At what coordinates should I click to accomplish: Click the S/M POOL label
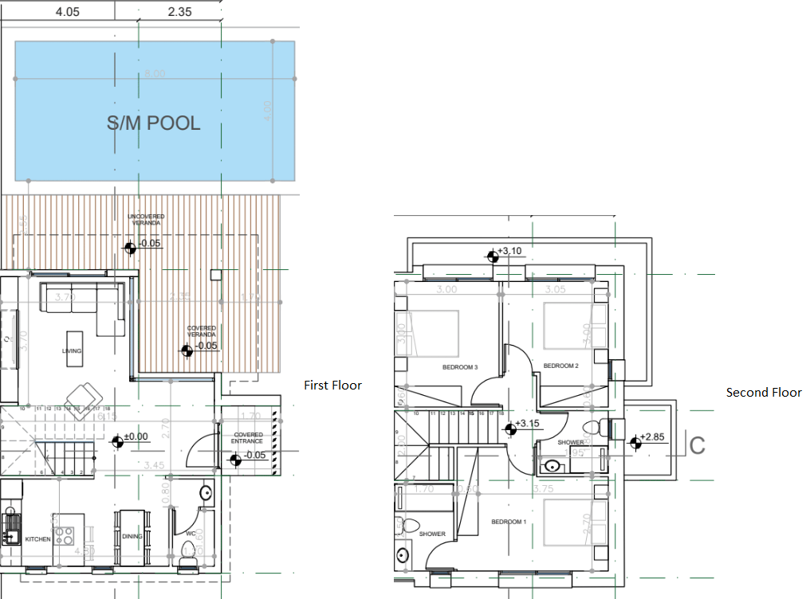click(x=153, y=123)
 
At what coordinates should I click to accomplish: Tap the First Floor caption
click(x=332, y=386)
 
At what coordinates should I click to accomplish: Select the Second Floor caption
click(x=763, y=393)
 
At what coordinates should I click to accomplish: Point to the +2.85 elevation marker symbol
click(x=635, y=441)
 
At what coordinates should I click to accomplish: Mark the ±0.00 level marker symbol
click(x=117, y=439)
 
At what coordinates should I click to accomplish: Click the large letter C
click(x=697, y=445)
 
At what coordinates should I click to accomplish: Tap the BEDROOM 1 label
click(x=508, y=522)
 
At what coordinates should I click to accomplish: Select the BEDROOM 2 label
click(x=560, y=366)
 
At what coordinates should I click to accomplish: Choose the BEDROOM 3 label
click(x=459, y=367)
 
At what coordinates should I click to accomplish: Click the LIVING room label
click(x=73, y=351)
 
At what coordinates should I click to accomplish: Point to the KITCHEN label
click(x=37, y=539)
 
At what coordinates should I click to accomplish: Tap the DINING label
click(x=132, y=536)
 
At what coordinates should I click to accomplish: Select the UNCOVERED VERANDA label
click(x=147, y=220)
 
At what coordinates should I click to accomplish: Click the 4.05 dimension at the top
click(x=67, y=11)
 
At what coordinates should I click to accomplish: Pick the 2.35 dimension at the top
click(x=180, y=11)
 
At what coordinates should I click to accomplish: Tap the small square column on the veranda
click(x=214, y=275)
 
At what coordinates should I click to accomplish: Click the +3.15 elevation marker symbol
click(x=511, y=428)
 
